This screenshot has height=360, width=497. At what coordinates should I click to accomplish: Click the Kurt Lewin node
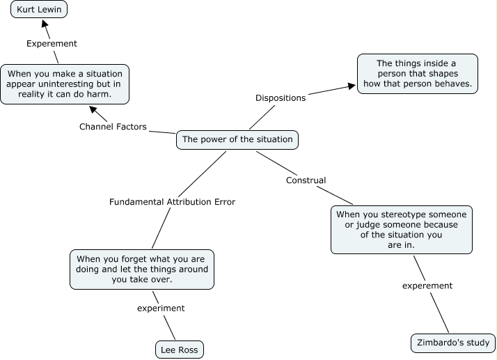coord(39,11)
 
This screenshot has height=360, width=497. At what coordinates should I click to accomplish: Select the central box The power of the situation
coord(237,139)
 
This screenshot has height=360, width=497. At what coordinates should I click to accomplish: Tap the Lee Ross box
coord(180,350)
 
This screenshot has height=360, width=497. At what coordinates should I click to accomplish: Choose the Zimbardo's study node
coord(453,343)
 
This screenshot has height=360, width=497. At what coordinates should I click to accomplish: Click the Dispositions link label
coord(281,98)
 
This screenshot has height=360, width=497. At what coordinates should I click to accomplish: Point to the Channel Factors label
coord(112,127)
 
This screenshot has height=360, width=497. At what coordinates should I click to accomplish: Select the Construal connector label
coord(306,180)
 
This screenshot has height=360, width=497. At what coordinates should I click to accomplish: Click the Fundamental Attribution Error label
coord(172,202)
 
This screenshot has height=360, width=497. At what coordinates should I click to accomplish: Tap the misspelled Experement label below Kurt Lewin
coord(52,44)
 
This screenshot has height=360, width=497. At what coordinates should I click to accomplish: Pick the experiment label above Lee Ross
coord(161,308)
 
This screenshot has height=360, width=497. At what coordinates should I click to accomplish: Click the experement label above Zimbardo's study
coord(427,285)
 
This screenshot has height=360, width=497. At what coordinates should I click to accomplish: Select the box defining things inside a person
coord(417,73)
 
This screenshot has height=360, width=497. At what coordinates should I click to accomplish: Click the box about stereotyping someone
coord(402,230)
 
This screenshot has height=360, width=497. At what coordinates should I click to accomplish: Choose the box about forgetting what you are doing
coord(141,269)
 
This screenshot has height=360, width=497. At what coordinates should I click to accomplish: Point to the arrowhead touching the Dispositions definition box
coord(350,86)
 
